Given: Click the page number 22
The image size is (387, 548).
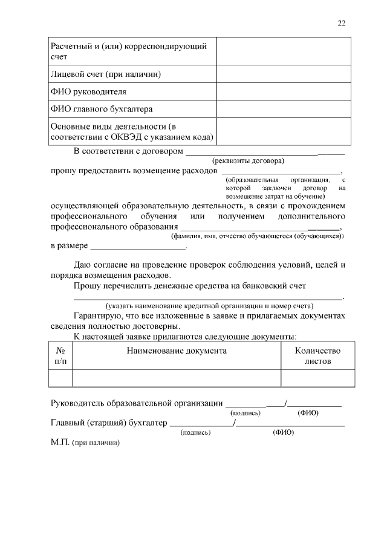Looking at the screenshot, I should [x=342, y=23].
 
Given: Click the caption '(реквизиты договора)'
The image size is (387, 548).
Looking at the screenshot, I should [x=248, y=161].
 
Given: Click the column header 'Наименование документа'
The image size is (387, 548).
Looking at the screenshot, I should [x=177, y=351].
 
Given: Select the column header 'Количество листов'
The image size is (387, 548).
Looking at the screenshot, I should [x=317, y=355].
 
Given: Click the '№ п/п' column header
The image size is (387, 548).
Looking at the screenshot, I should [x=60, y=355].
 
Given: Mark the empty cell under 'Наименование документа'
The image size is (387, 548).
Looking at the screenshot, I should [x=177, y=378].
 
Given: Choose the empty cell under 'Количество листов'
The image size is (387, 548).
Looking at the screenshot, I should [x=317, y=378].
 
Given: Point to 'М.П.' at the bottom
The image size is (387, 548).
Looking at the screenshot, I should [x=60, y=443].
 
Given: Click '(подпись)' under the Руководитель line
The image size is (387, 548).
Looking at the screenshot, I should [x=246, y=413].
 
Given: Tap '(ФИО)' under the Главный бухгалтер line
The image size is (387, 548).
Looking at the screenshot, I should [x=283, y=433].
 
